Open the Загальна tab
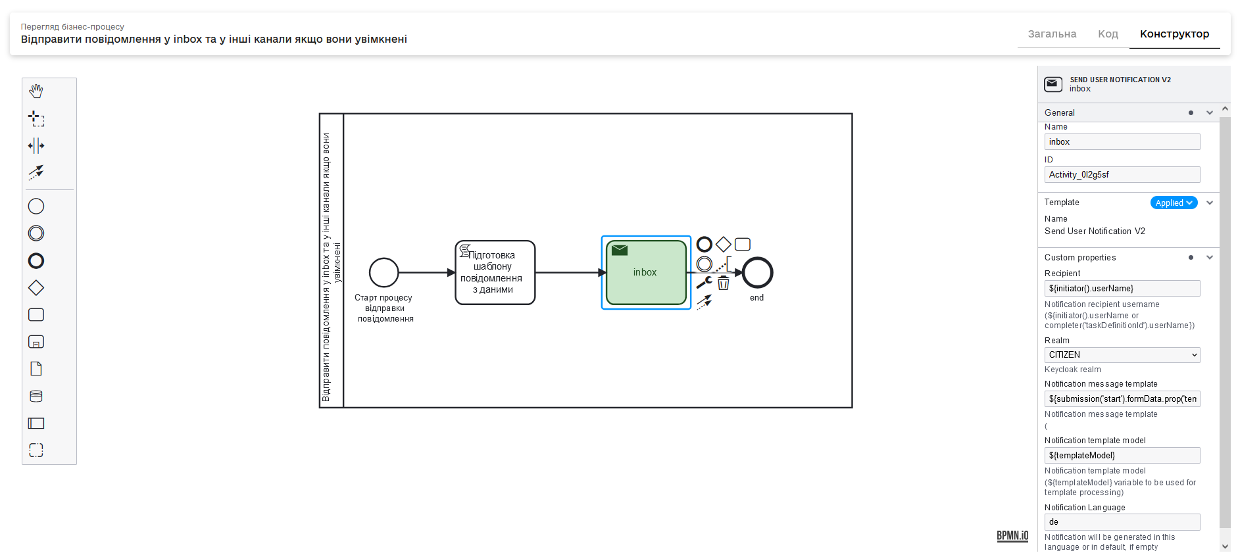1052,34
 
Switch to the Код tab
1108,34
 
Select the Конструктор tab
1174,34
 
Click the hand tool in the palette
36,91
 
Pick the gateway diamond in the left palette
36,288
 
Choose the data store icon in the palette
36,396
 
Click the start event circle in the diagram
384,272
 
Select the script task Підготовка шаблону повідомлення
495,272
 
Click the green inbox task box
645,272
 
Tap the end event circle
757,272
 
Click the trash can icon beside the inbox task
724,283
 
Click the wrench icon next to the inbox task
704,283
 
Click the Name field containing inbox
1122,142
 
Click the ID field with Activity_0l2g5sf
1122,175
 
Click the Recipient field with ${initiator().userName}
1122,289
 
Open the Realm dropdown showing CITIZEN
1122,355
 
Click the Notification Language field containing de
1122,522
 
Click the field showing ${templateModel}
1122,456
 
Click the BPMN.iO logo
1012,536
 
